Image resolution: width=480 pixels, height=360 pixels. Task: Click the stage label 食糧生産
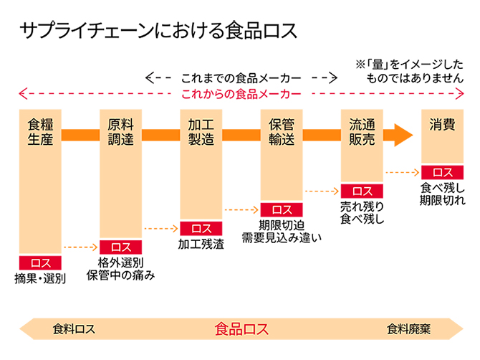[x=40, y=131]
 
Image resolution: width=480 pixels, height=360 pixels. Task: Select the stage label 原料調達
[x=120, y=131]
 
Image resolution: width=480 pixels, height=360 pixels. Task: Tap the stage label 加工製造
[x=201, y=131]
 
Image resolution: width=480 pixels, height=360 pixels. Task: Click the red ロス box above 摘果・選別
[x=40, y=262]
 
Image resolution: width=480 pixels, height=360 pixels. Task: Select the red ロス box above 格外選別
[x=120, y=247]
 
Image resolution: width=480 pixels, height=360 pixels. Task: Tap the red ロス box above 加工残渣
[x=201, y=228]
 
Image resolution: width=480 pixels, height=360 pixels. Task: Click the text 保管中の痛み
[x=120, y=275]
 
